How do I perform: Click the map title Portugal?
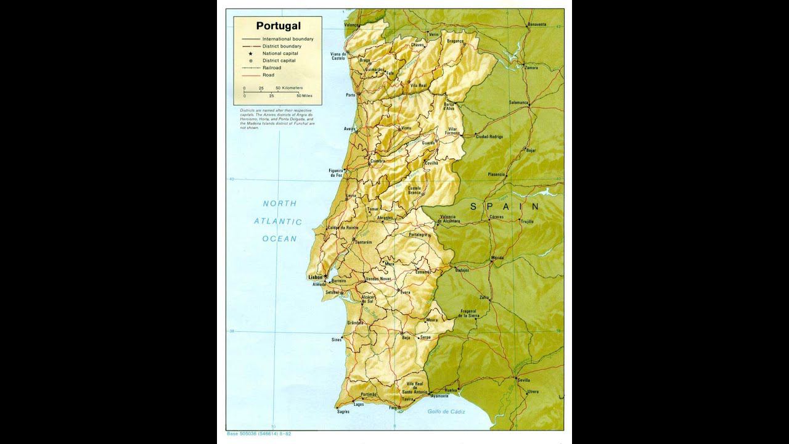pos(279,26)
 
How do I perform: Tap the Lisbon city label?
pos(315,277)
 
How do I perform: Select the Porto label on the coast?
pos(351,95)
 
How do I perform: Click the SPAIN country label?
pos(504,207)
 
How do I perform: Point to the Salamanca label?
pos(519,102)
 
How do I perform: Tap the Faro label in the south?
pos(392,408)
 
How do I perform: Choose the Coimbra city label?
pos(377,161)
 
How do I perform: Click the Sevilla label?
pos(524,380)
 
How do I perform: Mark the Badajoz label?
pos(462,270)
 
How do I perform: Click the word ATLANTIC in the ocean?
pos(278,221)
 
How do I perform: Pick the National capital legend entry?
pos(280,53)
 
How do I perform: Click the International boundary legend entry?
pos(287,39)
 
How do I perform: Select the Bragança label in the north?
pos(455,41)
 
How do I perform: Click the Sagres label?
pos(343,411)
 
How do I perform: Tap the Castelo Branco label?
pos(414,190)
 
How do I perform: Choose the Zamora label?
pos(531,68)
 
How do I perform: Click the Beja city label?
pos(406,338)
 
